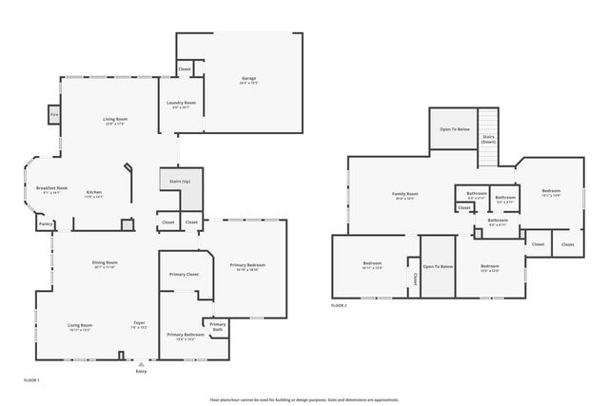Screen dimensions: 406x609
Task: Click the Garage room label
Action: tap(248, 80)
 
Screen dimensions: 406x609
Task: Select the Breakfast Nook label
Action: tap(51, 189)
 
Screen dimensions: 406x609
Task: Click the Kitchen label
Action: tap(94, 193)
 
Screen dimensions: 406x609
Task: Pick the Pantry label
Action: tap(45, 224)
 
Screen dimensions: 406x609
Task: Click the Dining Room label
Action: tap(105, 263)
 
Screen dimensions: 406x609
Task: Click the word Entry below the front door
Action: tap(141, 372)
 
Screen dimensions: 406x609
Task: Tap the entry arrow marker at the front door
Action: tap(141, 363)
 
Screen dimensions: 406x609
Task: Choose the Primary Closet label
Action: tap(184, 274)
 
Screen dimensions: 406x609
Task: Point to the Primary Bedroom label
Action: tap(247, 265)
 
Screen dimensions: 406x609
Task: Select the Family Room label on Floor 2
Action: tap(405, 194)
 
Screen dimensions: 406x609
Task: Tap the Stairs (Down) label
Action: tap(488, 139)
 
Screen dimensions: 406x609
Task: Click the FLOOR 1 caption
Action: tap(30, 379)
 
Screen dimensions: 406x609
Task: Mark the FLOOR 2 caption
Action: tap(339, 305)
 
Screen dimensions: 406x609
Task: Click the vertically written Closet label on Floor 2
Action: tap(415, 279)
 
